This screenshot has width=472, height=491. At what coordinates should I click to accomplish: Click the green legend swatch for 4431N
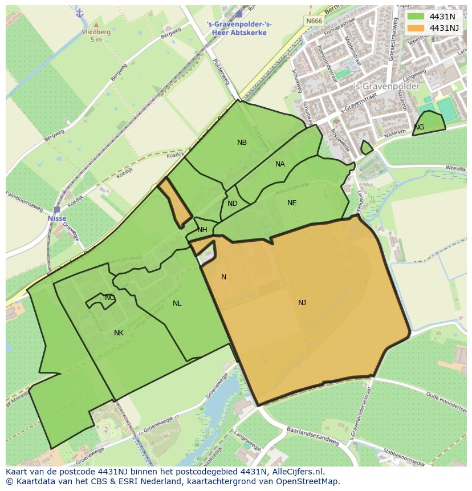tap(416, 16)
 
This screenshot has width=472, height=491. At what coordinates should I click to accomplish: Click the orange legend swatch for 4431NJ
tap(416, 27)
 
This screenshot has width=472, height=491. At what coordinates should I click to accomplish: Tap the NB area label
tap(242, 143)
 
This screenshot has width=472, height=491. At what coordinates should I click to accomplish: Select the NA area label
tap(280, 164)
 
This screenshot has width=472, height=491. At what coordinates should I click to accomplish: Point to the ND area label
tap(232, 204)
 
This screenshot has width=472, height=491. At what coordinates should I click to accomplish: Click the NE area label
tap(292, 202)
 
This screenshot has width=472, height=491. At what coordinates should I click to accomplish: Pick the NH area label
tap(202, 230)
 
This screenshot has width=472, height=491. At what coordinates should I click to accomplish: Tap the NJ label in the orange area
tap(302, 303)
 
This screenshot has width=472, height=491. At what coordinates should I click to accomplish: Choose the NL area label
tap(177, 303)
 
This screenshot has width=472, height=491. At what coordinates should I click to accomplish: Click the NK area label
tap(119, 333)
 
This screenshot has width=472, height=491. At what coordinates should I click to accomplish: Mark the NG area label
tap(419, 127)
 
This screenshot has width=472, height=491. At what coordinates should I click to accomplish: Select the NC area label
tap(109, 298)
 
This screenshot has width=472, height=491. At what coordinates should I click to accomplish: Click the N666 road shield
tap(313, 21)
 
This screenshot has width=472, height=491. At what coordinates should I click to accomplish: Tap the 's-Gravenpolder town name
tap(387, 87)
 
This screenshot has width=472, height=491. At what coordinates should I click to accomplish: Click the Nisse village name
tap(57, 218)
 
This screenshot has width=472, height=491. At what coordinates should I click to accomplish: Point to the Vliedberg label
tap(95, 33)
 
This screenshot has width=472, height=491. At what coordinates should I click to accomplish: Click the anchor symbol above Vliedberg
tap(79, 13)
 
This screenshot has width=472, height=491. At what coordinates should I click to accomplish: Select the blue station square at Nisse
tap(56, 209)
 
